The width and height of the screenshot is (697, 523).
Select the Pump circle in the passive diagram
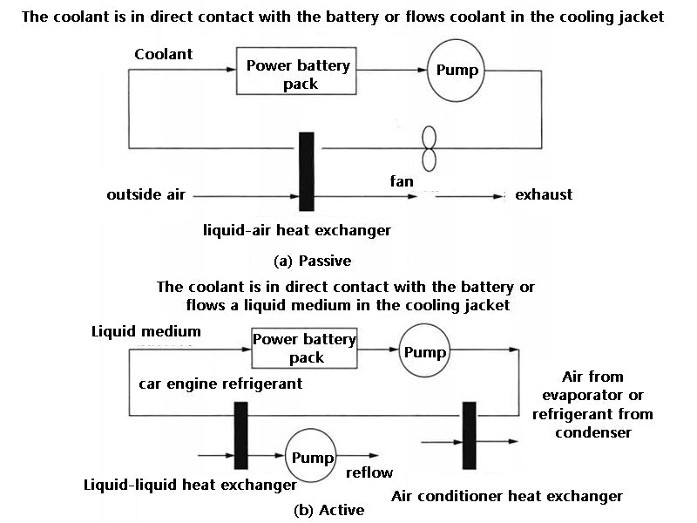point(457,70)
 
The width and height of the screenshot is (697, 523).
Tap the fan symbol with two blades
point(428,148)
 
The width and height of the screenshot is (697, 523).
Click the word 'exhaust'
point(544,194)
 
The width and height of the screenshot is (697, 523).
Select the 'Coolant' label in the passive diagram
point(164,54)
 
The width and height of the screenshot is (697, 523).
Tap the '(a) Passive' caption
point(311,260)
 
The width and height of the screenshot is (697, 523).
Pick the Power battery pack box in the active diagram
point(304,349)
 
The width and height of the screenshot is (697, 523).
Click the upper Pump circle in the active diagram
point(424,352)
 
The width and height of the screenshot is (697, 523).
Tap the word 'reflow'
point(369,472)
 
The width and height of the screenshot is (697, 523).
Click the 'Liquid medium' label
point(145,331)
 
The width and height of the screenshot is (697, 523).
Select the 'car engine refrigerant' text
point(220,384)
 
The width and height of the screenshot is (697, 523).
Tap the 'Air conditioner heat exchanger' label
point(507,496)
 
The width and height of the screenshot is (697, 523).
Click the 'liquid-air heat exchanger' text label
point(295,230)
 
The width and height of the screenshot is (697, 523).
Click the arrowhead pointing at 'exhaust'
point(498,195)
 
